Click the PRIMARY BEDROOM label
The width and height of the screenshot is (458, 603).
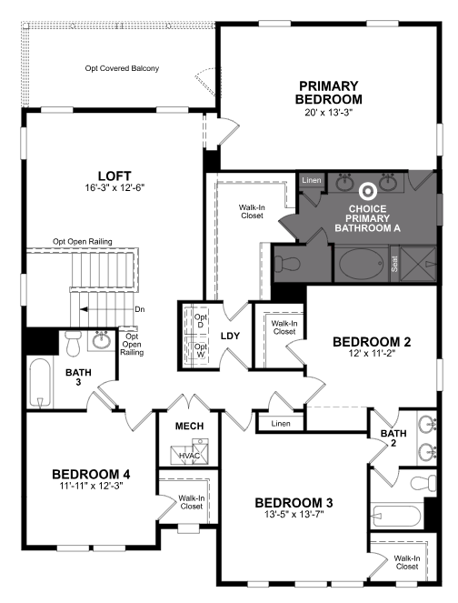[x=329, y=92]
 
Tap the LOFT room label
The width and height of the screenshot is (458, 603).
[x=114, y=176]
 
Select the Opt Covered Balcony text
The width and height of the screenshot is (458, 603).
[x=122, y=68]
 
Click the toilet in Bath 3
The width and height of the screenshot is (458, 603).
[x=73, y=343]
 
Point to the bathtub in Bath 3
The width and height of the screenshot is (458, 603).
[x=40, y=382]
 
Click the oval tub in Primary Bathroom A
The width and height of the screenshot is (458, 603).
[x=362, y=264]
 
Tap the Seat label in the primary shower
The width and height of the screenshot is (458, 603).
[x=394, y=264]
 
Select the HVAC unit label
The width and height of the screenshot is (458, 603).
[x=189, y=456]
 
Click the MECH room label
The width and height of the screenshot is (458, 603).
[x=189, y=426]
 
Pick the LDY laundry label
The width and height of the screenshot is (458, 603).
[x=230, y=336]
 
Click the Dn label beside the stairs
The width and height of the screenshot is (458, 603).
[x=139, y=309]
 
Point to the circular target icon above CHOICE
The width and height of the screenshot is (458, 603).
[x=367, y=191]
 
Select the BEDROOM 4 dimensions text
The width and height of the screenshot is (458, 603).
[x=91, y=486]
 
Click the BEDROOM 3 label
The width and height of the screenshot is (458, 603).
[x=294, y=503]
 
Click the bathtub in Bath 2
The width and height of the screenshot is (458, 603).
[x=396, y=516]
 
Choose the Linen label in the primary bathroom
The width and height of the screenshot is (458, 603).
[x=311, y=180]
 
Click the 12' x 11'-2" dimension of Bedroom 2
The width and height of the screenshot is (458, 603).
[x=372, y=354]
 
